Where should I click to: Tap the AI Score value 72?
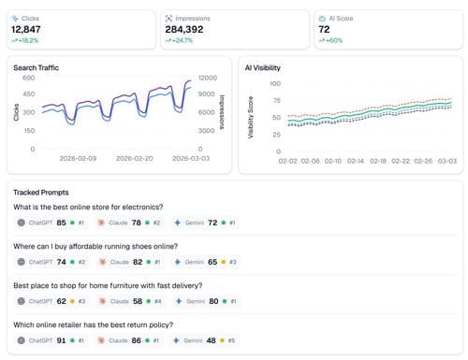click(324, 29)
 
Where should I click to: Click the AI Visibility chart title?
click(263, 67)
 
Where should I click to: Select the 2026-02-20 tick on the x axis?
click(138, 159)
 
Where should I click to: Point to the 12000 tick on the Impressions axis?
click(208, 79)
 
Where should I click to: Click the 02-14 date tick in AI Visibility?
click(356, 161)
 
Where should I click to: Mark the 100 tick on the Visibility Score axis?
click(275, 83)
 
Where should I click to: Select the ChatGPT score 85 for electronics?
click(62, 223)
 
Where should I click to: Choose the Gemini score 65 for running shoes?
click(213, 263)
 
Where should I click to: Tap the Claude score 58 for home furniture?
click(138, 302)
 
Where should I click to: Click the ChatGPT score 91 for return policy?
click(62, 342)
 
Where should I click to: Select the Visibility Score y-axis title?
click(250, 117)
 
